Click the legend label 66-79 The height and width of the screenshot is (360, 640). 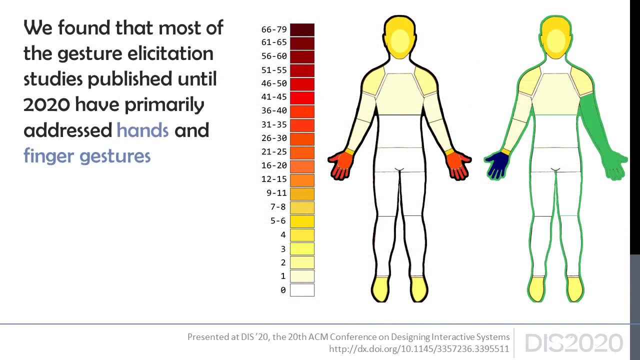point(274,29)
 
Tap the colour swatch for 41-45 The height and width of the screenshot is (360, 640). point(302,97)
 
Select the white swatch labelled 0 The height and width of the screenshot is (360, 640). point(302,290)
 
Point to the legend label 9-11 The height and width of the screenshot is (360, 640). point(276,193)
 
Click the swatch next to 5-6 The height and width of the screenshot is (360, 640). point(302,221)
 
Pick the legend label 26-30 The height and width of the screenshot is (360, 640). point(274,138)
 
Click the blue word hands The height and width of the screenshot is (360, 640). point(142,130)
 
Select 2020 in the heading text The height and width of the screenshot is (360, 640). point(46,104)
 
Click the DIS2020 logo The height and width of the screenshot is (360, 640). point(573,343)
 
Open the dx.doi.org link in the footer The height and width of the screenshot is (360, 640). point(419,349)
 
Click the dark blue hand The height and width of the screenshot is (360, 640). point(497,165)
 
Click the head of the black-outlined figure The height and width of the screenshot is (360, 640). point(400,37)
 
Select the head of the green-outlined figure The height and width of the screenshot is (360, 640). point(555,37)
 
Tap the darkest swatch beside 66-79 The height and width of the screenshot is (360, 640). point(302,29)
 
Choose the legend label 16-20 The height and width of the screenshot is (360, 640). point(274,165)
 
